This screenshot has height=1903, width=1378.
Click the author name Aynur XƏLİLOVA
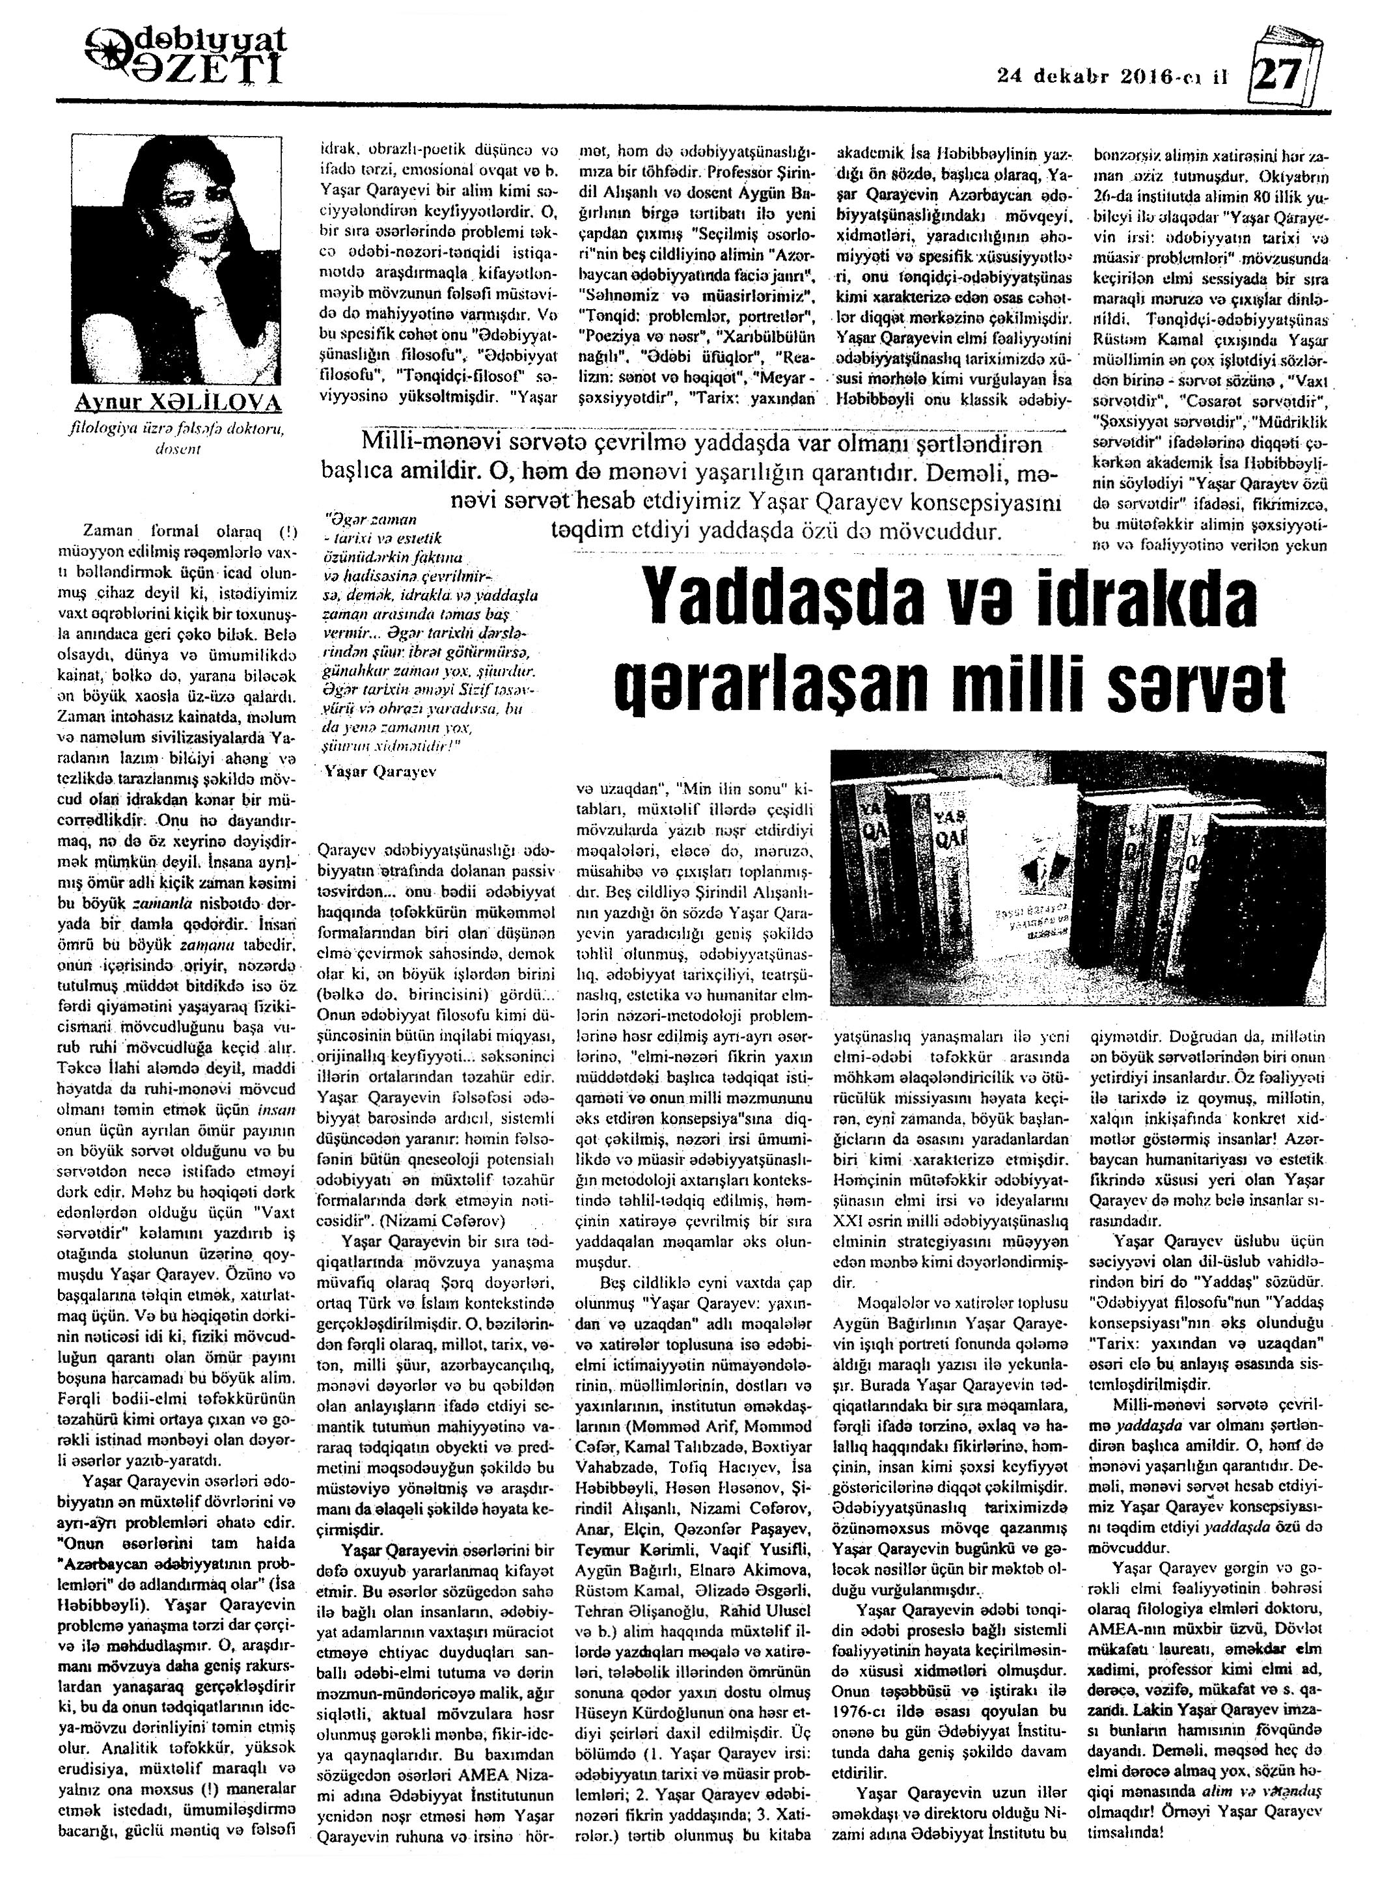(x=176, y=404)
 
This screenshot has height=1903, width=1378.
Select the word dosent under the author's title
(x=176, y=450)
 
